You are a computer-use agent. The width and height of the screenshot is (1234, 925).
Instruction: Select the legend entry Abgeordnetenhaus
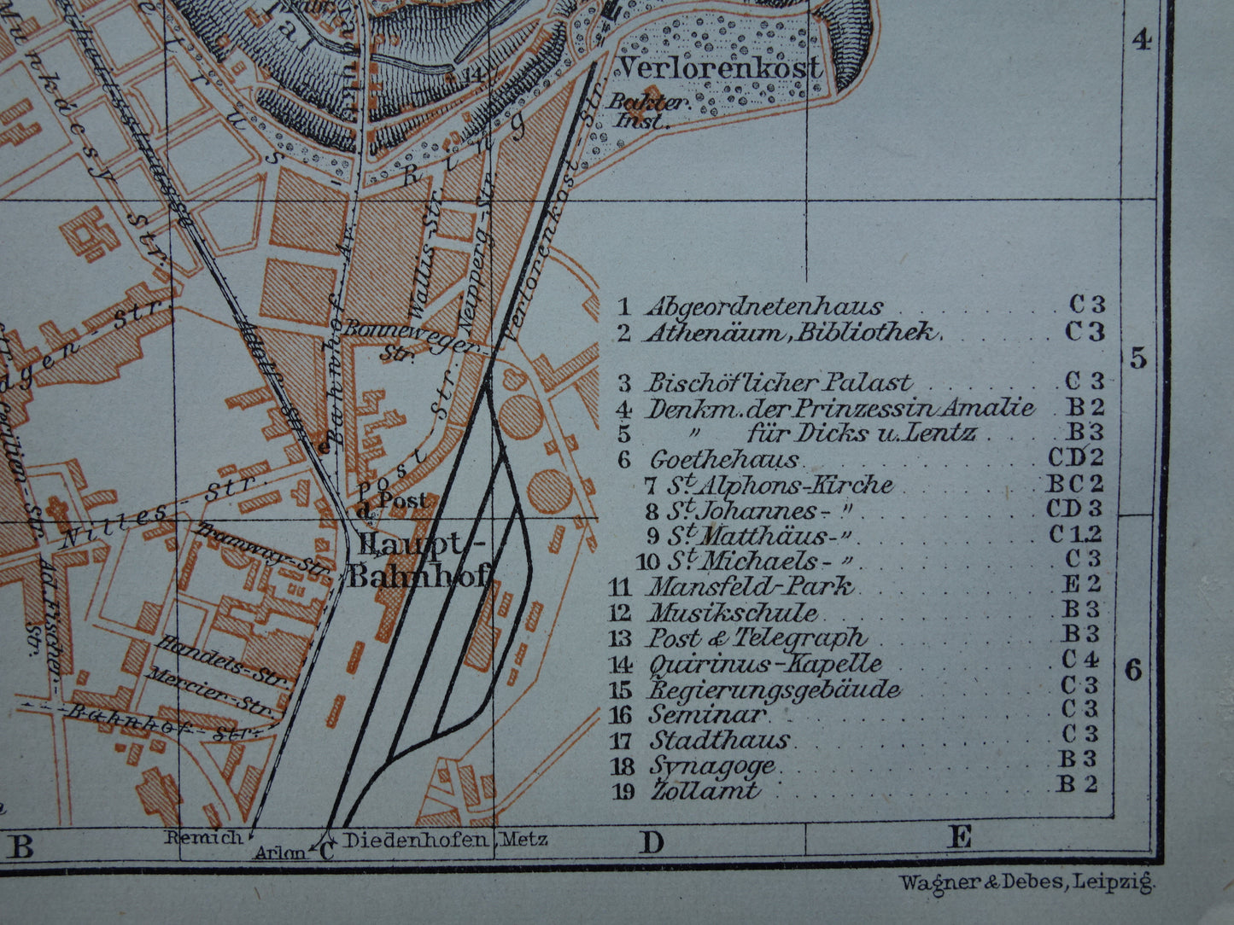click(x=764, y=306)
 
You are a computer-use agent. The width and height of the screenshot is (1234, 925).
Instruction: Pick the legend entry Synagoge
click(x=712, y=765)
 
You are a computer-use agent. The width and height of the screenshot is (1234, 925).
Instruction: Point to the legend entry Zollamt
click(x=705, y=790)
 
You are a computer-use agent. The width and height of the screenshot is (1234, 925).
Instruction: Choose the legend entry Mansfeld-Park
click(x=751, y=587)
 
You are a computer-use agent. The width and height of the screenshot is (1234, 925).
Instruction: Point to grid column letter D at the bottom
click(x=651, y=844)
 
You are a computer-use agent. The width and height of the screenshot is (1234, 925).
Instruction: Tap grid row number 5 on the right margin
click(x=1138, y=359)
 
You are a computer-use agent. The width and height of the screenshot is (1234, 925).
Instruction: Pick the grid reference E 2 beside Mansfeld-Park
click(x=1081, y=585)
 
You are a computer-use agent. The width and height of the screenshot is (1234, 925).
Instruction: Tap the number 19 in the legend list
click(x=623, y=791)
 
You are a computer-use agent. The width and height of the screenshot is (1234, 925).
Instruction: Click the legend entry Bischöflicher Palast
click(x=778, y=383)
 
